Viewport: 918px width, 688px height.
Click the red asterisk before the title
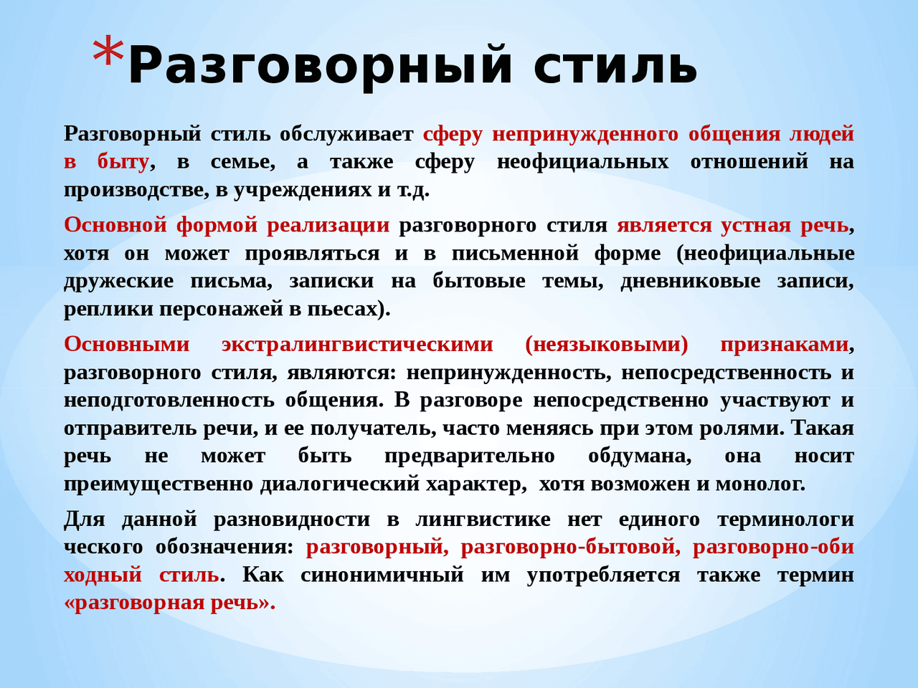(108, 52)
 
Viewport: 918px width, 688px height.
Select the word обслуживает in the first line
(346, 134)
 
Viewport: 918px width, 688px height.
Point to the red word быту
(123, 163)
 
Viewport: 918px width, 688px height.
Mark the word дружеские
(119, 282)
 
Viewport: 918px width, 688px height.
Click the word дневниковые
(691, 281)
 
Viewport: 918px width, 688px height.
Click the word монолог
(760, 484)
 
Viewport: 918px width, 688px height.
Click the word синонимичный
(382, 575)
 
